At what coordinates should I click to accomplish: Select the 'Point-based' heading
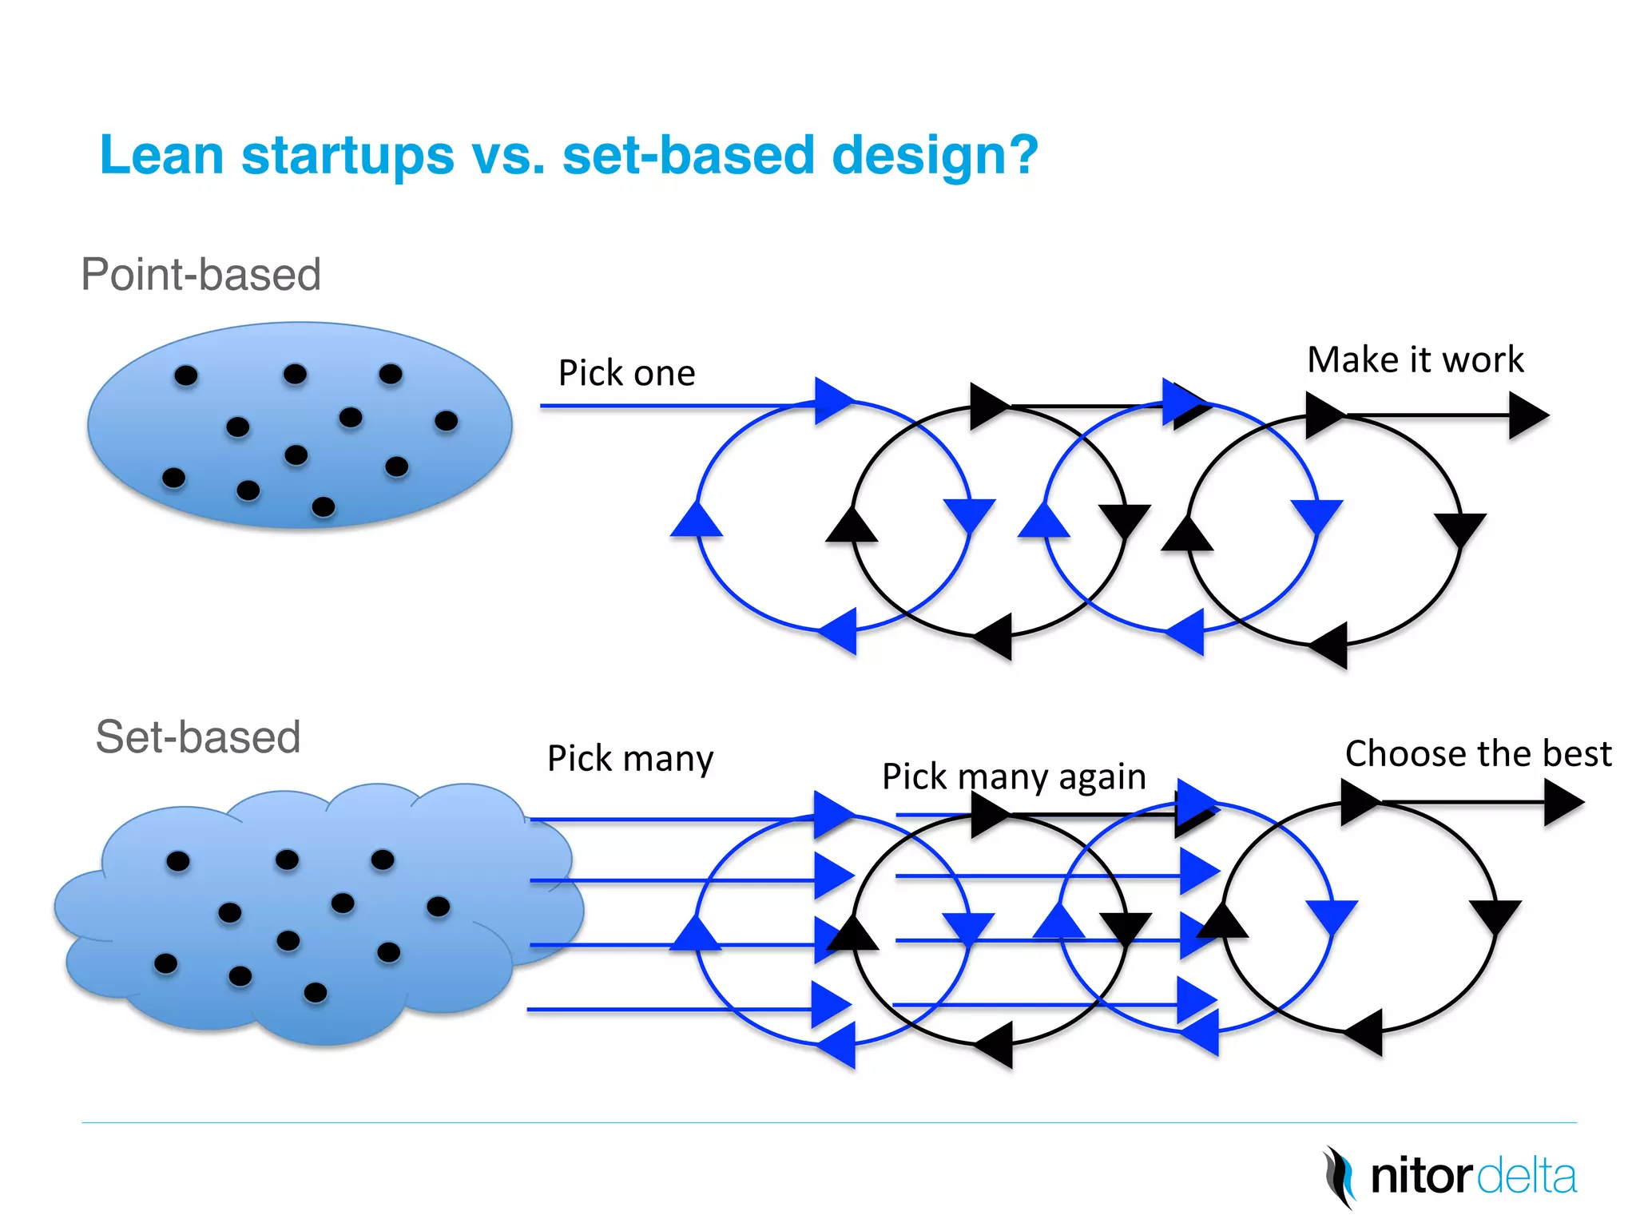201,275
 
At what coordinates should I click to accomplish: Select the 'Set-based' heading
197,737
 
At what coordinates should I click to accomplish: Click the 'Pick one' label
626,373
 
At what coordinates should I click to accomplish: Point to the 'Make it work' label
1415,359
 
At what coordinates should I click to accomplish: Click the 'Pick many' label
629,758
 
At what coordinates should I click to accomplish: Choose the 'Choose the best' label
1478,754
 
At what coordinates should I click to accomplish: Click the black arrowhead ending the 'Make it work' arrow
1528,415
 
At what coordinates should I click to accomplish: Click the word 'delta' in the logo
1526,1177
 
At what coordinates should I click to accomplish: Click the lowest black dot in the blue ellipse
324,506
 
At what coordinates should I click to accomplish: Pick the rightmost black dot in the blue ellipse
446,421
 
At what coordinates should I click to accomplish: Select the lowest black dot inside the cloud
316,992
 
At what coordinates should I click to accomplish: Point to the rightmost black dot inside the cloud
439,906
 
